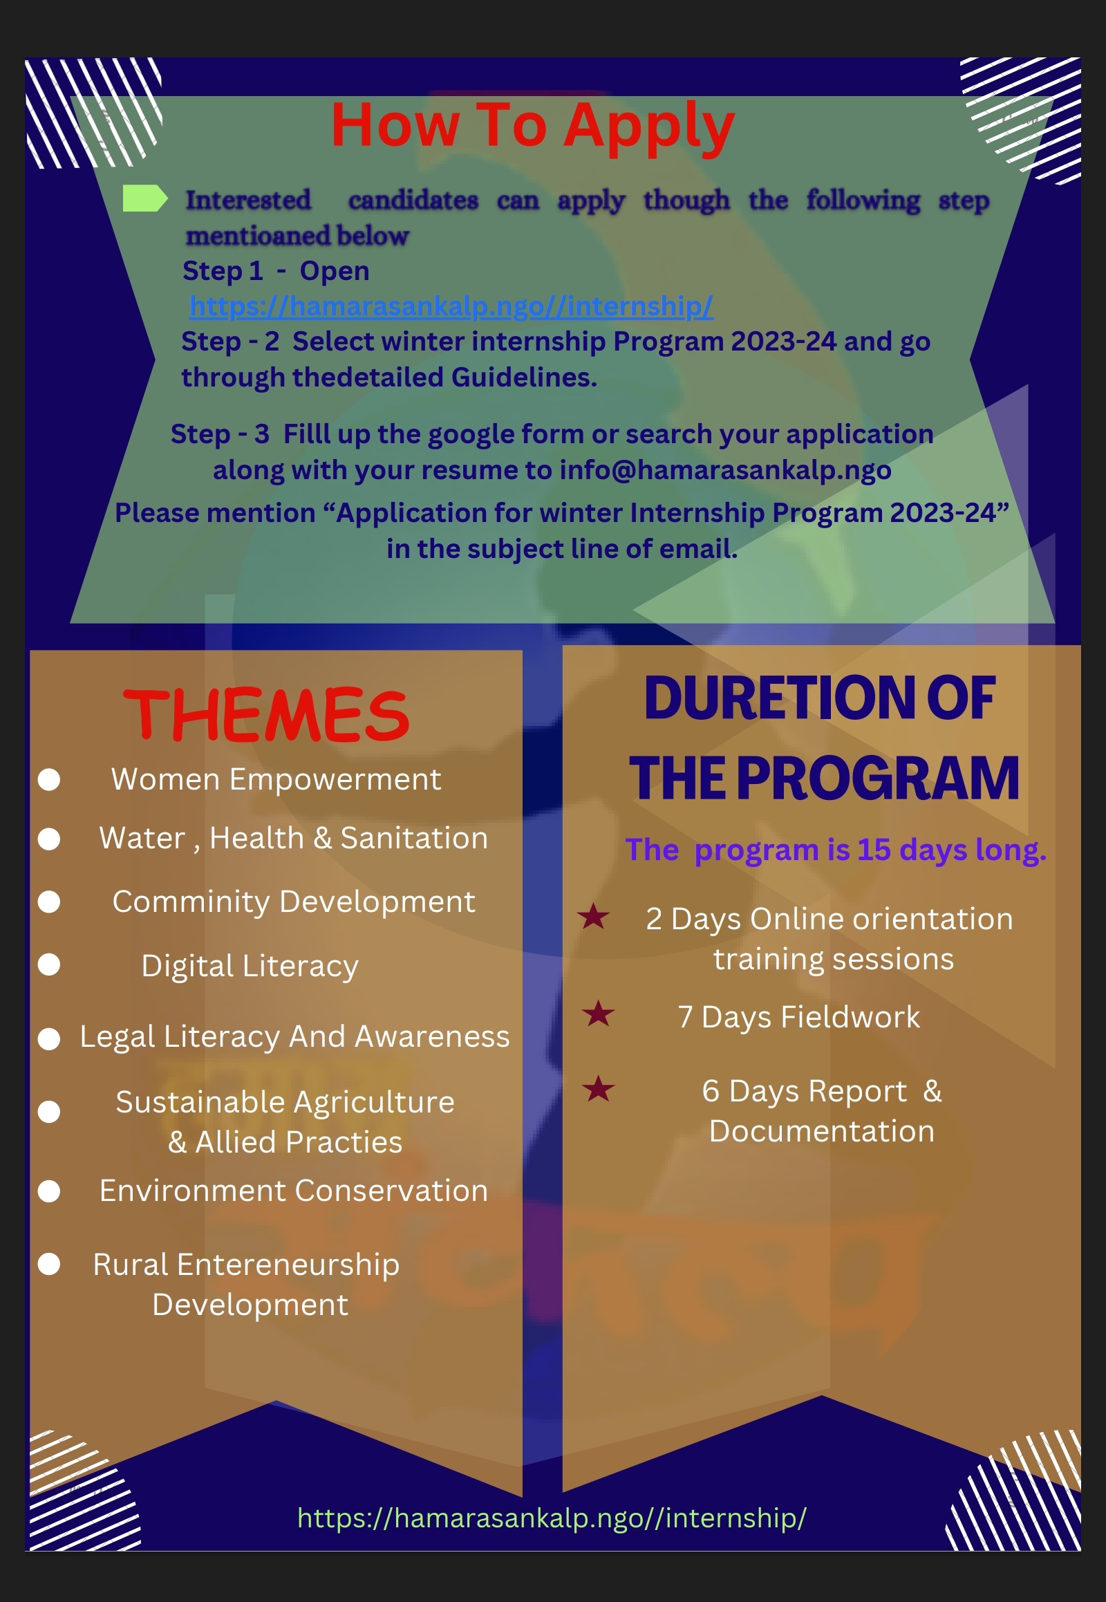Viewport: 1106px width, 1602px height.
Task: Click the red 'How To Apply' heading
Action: (x=532, y=127)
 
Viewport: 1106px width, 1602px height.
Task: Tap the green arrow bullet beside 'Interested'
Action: (x=145, y=198)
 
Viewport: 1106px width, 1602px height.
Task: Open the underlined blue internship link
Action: (x=451, y=306)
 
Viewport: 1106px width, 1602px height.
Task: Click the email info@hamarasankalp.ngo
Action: (x=725, y=470)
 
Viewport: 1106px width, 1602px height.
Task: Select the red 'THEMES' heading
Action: (x=266, y=715)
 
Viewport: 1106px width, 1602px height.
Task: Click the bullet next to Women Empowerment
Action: (x=48, y=779)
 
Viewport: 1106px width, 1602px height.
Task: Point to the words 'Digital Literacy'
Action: (x=250, y=967)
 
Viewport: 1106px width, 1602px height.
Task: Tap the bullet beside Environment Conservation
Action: (x=48, y=1191)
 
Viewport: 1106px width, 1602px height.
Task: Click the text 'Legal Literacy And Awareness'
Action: (x=294, y=1037)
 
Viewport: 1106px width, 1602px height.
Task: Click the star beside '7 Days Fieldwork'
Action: (x=598, y=1014)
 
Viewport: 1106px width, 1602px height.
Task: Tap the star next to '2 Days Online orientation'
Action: (x=593, y=916)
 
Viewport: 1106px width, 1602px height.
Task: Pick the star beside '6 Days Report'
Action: (x=598, y=1089)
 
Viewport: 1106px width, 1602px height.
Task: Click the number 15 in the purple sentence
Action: (x=874, y=850)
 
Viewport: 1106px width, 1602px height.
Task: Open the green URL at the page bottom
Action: (x=552, y=1518)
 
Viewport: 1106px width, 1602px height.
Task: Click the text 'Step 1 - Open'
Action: (x=276, y=271)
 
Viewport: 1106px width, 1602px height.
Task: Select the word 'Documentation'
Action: (x=821, y=1131)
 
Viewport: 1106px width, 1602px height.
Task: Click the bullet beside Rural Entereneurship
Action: (x=48, y=1264)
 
